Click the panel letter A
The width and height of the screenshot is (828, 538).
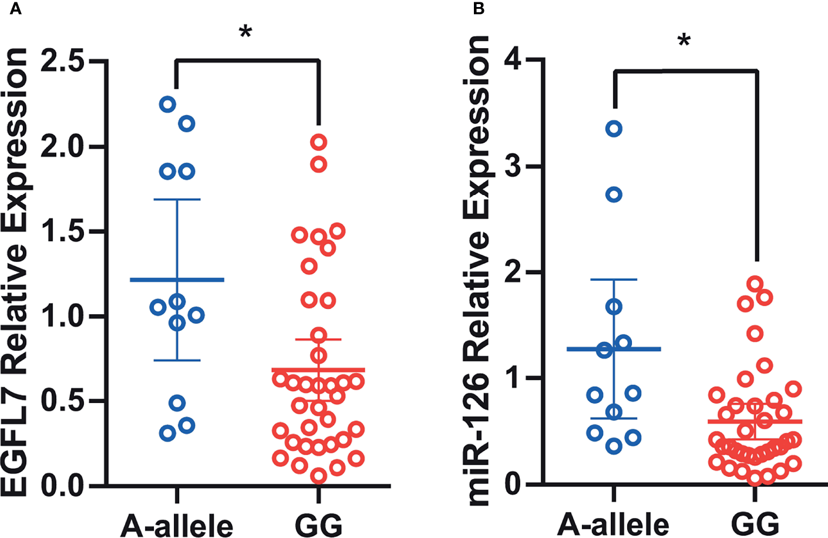click(x=16, y=9)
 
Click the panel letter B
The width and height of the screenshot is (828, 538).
click(x=479, y=9)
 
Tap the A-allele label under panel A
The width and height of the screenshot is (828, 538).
click(x=176, y=524)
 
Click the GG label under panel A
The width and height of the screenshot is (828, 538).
click(x=318, y=524)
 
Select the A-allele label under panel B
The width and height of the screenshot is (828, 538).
click(x=613, y=524)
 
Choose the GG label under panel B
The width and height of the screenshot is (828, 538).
click(x=756, y=524)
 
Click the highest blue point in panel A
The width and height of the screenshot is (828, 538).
click(x=167, y=105)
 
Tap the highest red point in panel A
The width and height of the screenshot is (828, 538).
click(x=319, y=142)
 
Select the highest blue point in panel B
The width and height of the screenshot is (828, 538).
click(x=614, y=129)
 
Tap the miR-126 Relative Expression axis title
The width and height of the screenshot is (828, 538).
click(x=476, y=270)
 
